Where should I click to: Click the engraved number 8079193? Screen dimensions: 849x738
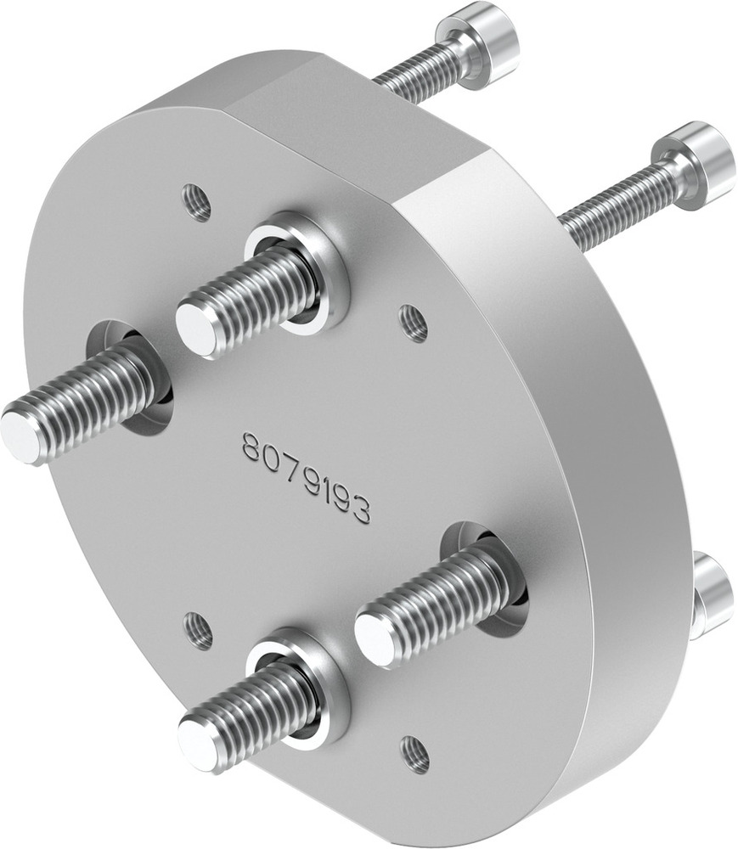[x=306, y=477]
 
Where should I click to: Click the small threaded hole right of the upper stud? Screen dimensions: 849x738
[x=414, y=323]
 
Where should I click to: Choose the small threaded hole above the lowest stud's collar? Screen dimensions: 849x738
[x=199, y=631]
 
